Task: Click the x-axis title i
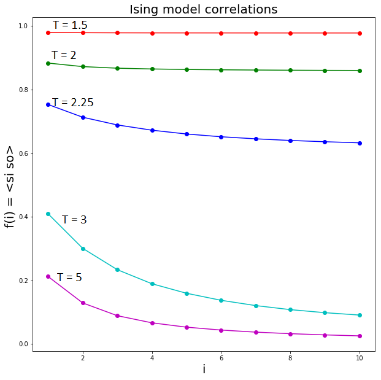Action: pyautogui.click(x=204, y=369)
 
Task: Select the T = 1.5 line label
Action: pyautogui.click(x=70, y=25)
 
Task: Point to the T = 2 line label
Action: pyautogui.click(x=64, y=55)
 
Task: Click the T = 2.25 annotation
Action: pyautogui.click(x=73, y=103)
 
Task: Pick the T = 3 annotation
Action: pyautogui.click(x=74, y=220)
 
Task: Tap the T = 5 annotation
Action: pyautogui.click(x=69, y=277)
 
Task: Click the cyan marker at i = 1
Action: pyautogui.click(x=48, y=214)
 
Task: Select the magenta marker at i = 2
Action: pyautogui.click(x=83, y=303)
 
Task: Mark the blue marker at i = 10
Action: pyautogui.click(x=360, y=143)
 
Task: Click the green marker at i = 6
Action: pyautogui.click(x=221, y=70)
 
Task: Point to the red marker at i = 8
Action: pyautogui.click(x=290, y=33)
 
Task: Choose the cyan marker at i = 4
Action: pyautogui.click(x=152, y=284)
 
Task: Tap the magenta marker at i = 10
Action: pyautogui.click(x=360, y=336)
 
